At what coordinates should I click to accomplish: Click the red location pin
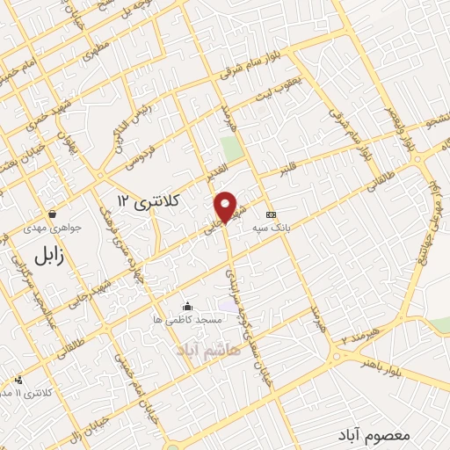point(226,207)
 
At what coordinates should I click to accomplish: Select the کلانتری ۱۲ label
point(149,202)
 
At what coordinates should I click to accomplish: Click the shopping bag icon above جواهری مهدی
point(53,214)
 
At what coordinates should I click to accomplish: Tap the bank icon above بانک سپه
point(271,214)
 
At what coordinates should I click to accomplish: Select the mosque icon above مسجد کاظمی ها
point(188,306)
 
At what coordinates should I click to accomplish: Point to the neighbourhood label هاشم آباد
point(207,350)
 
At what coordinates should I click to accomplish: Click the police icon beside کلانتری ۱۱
point(19,380)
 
